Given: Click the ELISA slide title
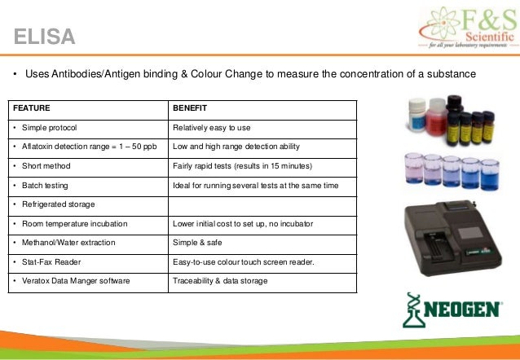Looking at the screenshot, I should pyautogui.click(x=45, y=37).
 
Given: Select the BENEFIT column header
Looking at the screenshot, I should pyautogui.click(x=190, y=108).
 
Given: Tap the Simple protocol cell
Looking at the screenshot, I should pyautogui.click(x=50, y=127).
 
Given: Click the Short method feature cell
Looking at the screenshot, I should pyautogui.click(x=45, y=165).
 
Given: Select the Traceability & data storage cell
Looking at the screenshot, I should pyautogui.click(x=219, y=281).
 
